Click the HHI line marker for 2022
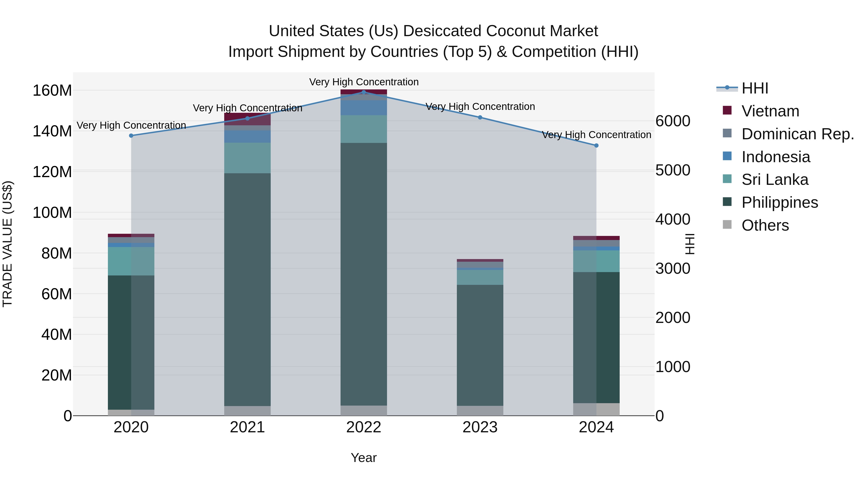[363, 92]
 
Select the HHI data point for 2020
[131, 135]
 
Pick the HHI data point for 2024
[596, 146]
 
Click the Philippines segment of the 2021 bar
[247, 290]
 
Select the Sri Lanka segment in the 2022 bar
[363, 129]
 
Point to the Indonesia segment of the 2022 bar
[363, 108]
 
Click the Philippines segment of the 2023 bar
[480, 345]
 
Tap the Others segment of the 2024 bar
[596, 409]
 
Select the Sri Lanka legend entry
[775, 180]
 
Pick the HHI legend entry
[755, 88]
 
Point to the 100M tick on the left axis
[52, 213]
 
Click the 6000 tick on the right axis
[672, 121]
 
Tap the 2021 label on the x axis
[247, 427]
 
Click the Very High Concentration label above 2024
[596, 135]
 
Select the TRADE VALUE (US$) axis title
[7, 244]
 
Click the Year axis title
[363, 458]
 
